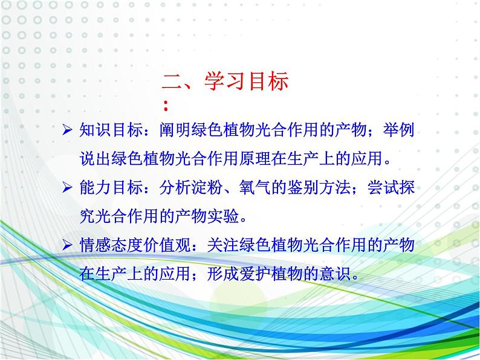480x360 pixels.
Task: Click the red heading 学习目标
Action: tap(247, 82)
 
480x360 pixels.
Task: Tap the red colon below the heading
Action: tap(166, 106)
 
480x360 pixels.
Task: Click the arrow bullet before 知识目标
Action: tap(67, 130)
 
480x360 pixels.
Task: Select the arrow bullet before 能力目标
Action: tap(67, 187)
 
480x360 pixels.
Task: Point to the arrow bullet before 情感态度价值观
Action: tap(67, 245)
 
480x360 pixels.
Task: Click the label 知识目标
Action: tap(111, 130)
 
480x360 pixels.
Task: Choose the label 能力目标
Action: tap(111, 187)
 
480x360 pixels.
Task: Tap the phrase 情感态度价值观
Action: tap(135, 245)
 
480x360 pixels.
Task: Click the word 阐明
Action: tap(175, 130)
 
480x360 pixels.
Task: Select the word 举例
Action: tap(398, 130)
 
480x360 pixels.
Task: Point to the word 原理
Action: tap(255, 159)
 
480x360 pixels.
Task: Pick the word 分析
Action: tap(175, 187)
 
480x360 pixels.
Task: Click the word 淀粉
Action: tap(207, 187)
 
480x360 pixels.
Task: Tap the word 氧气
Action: tap(255, 187)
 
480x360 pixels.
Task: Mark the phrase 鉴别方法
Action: tap(319, 187)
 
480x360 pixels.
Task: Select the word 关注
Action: tap(223, 245)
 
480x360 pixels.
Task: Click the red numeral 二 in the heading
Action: tap(172, 82)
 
